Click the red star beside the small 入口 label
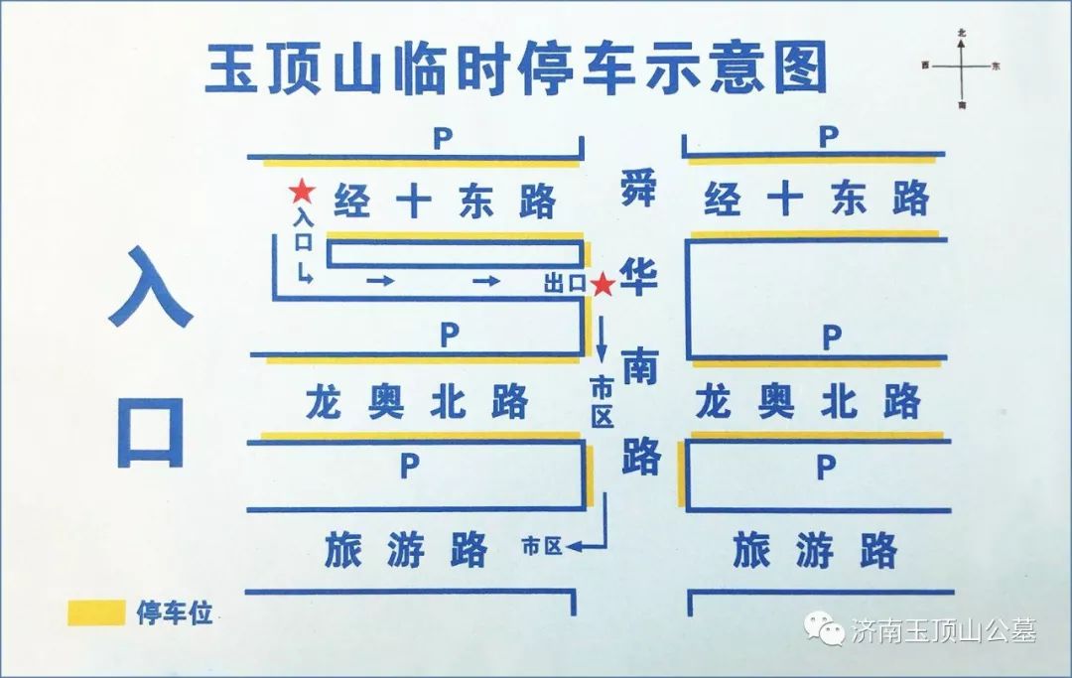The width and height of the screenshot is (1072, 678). [x=300, y=191]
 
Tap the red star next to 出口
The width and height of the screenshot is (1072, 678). [x=603, y=285]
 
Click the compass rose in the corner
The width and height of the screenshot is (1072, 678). [x=961, y=67]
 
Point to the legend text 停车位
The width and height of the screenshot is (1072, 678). [x=175, y=613]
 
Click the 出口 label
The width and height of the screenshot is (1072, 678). [x=565, y=284]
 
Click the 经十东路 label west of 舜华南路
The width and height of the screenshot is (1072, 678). [x=445, y=202]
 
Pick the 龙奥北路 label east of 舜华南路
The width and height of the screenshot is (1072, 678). [x=808, y=402]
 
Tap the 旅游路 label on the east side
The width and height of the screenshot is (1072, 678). [x=815, y=550]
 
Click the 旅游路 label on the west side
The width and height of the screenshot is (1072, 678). [x=407, y=548]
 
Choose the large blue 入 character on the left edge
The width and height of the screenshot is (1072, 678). [x=150, y=289]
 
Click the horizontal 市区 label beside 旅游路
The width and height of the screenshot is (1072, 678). [x=542, y=545]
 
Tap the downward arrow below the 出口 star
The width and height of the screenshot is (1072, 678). [x=603, y=338]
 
